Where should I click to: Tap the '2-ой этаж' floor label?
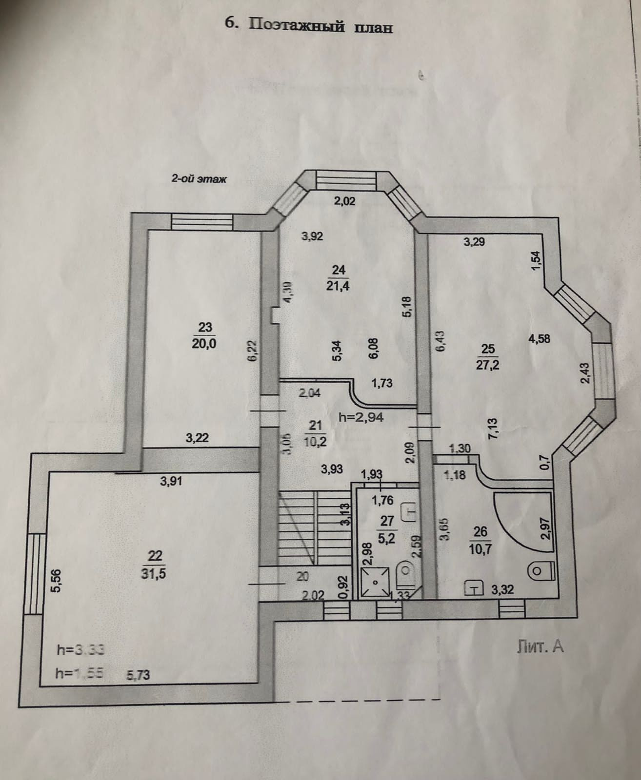point(199,179)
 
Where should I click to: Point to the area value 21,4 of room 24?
point(339,285)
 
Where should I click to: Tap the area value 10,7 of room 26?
point(480,549)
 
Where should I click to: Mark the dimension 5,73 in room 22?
point(138,675)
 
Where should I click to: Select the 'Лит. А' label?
point(540,646)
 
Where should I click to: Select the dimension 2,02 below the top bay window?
point(345,200)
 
